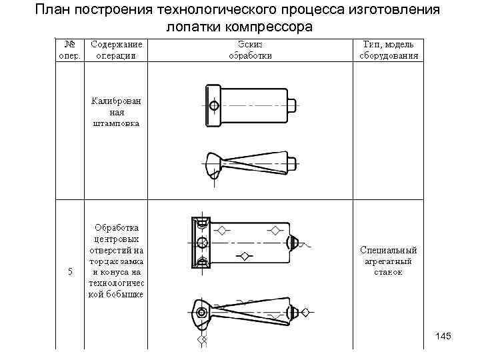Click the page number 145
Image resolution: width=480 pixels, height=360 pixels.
point(443,336)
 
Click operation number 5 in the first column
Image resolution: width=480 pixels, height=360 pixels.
point(69,272)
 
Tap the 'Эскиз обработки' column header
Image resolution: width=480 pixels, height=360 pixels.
point(250,50)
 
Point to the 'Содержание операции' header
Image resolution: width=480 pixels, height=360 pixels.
point(116,50)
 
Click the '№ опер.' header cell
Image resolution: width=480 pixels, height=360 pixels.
point(69,50)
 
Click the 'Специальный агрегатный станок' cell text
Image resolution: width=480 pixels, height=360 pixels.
point(389,261)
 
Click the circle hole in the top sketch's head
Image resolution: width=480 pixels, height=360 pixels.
point(213,105)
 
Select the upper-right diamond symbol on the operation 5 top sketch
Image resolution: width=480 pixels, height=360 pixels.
point(275,231)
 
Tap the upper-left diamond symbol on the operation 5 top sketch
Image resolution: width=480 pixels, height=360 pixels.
point(223,231)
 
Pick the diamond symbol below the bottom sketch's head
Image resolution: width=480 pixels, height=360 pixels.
point(203,341)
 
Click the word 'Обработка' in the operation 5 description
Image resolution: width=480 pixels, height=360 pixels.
point(116,227)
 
